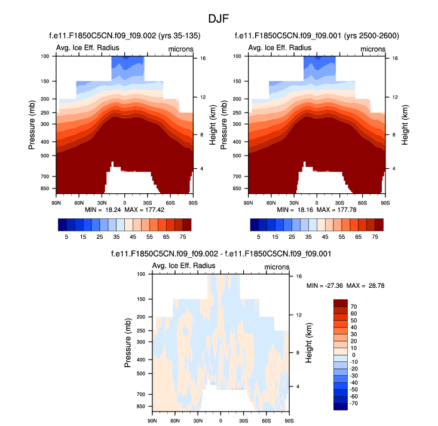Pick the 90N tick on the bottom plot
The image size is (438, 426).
click(x=152, y=421)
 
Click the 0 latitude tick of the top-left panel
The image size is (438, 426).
click(x=124, y=203)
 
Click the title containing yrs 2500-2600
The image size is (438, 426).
click(x=317, y=36)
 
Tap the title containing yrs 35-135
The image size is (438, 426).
click(x=124, y=36)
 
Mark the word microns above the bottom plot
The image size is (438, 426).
click(x=277, y=266)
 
